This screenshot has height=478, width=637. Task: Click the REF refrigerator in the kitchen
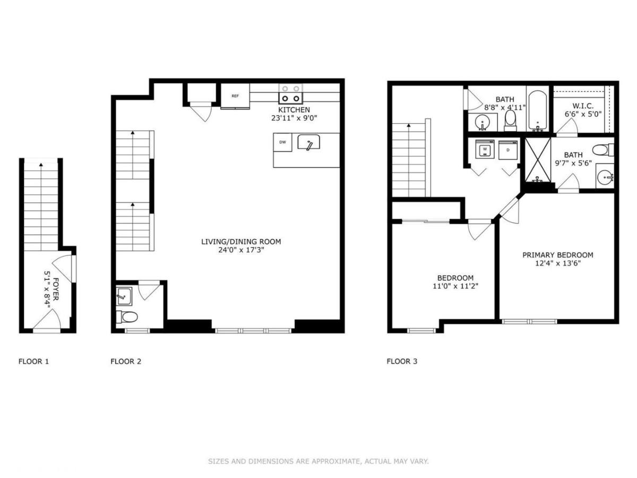click(235, 96)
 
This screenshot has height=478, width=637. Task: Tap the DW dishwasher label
click(282, 142)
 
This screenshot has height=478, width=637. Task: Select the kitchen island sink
click(309, 142)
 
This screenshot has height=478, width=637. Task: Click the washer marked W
click(484, 149)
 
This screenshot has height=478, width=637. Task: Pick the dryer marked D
click(508, 150)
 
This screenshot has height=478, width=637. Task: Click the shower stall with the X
click(538, 160)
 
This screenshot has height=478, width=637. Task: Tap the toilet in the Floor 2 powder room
click(126, 317)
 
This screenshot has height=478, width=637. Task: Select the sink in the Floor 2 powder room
click(124, 296)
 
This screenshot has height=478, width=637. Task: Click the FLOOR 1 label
click(33, 361)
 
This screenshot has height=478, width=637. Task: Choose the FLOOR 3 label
click(402, 361)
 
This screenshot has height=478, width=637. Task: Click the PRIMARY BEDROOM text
click(557, 255)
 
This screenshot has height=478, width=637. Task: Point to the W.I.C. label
click(583, 106)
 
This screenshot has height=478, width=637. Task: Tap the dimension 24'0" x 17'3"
click(241, 250)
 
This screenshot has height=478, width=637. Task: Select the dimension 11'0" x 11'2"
click(455, 286)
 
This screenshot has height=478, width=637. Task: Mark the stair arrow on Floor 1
click(41, 207)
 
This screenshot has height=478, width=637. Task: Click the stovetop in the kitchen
click(290, 94)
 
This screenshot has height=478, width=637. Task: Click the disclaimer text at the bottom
click(318, 461)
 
